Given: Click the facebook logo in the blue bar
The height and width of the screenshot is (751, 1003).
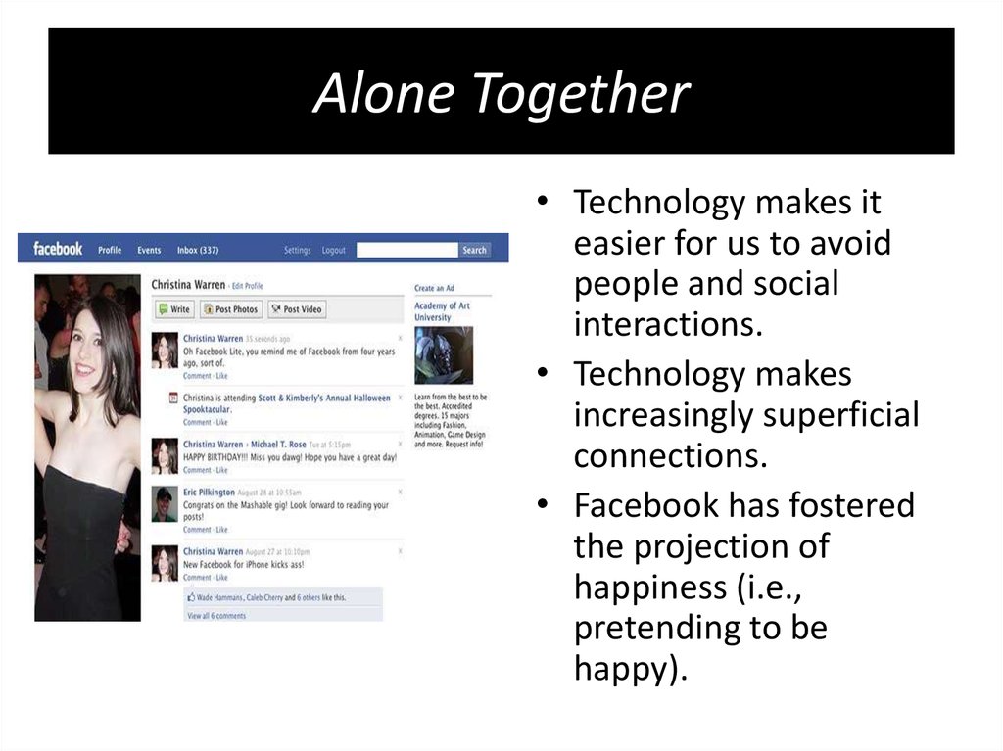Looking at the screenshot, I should tap(58, 249).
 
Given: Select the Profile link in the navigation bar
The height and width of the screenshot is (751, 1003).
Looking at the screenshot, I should tap(110, 250).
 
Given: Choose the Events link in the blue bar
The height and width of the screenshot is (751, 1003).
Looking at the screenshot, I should tap(149, 250).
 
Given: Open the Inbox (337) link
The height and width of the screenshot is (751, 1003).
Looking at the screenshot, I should tap(198, 250).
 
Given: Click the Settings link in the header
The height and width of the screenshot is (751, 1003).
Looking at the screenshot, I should tap(298, 250).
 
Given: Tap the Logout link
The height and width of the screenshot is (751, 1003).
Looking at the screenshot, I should tap(334, 250).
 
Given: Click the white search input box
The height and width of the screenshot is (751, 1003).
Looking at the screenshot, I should tap(406, 250).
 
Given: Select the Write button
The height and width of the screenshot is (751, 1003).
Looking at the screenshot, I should tap(174, 309).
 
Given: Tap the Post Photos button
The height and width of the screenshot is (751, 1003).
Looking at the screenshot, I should tap(231, 309).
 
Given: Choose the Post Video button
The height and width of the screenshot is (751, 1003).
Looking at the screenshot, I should tap(297, 309).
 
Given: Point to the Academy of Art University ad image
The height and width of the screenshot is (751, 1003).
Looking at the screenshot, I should tap(443, 355).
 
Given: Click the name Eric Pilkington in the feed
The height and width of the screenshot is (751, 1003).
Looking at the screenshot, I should tap(210, 492).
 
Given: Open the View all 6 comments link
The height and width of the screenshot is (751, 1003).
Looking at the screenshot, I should tap(216, 616).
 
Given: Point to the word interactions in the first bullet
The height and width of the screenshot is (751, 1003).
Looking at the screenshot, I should tap(666, 324).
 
